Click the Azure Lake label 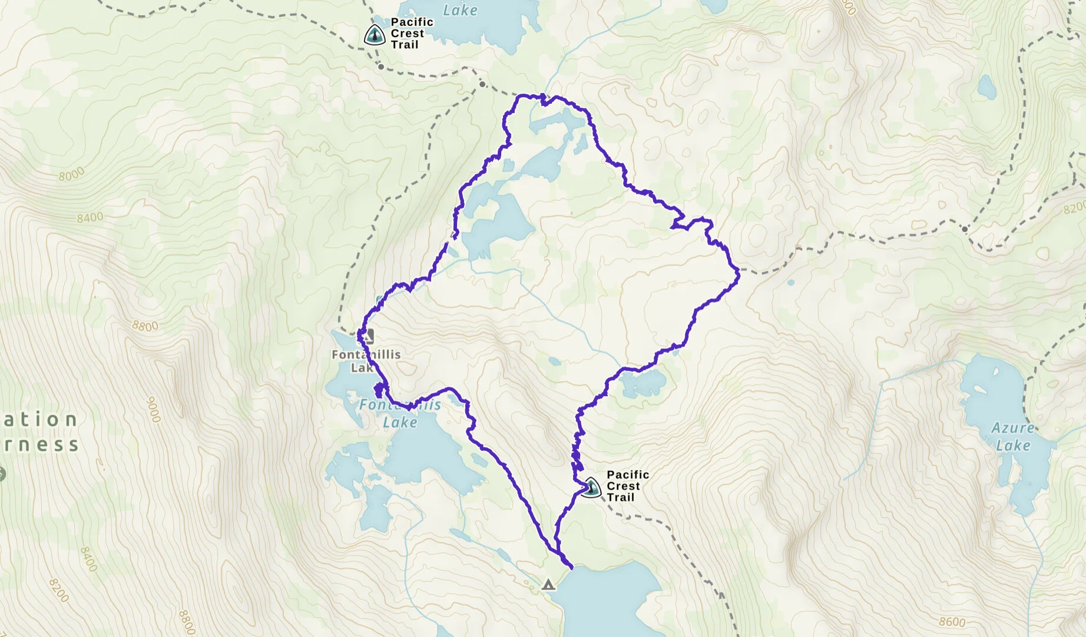[1013, 437]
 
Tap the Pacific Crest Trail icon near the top [375, 35]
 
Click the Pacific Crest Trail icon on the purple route [591, 487]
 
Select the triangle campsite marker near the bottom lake [548, 585]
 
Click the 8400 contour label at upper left [90, 218]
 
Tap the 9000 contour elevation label [153, 410]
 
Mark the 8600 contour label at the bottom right [952, 622]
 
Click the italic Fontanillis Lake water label [400, 413]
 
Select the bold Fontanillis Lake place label [366, 361]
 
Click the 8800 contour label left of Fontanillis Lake [145, 326]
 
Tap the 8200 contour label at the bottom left [59, 590]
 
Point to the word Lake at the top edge [460, 10]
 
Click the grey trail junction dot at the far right [965, 229]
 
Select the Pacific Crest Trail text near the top [412, 33]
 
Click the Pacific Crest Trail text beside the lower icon [627, 486]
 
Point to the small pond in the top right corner [986, 87]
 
